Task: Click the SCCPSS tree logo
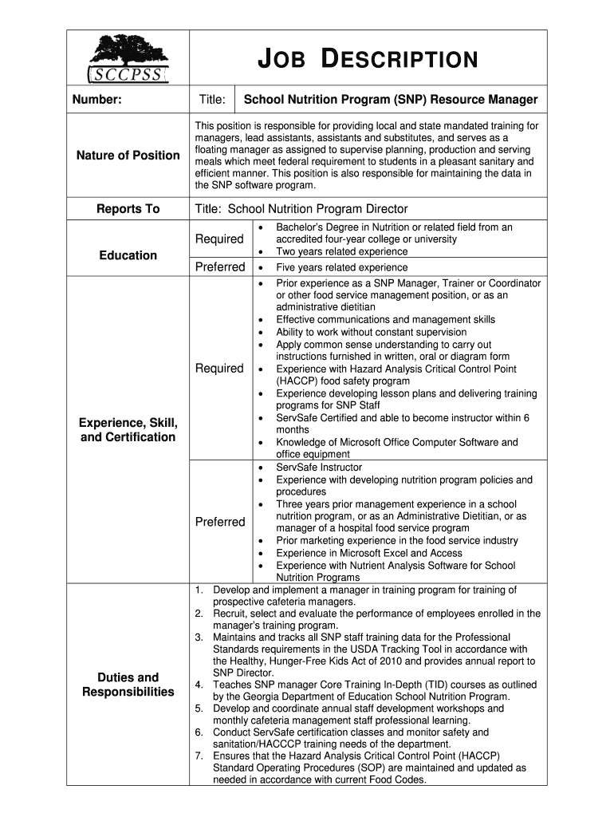point(128,58)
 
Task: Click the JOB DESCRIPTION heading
point(369,60)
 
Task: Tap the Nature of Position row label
point(128,156)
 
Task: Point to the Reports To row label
point(128,209)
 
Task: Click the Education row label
point(128,255)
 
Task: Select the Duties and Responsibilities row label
point(128,685)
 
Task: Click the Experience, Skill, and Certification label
point(128,429)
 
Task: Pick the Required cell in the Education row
point(219,239)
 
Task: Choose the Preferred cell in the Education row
point(219,267)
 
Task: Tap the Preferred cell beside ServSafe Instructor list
point(219,522)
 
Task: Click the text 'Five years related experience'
point(341,268)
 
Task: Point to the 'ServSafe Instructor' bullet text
point(318,468)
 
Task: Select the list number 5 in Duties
point(198,708)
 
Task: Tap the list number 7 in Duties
point(198,756)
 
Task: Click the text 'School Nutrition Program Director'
point(317,209)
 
